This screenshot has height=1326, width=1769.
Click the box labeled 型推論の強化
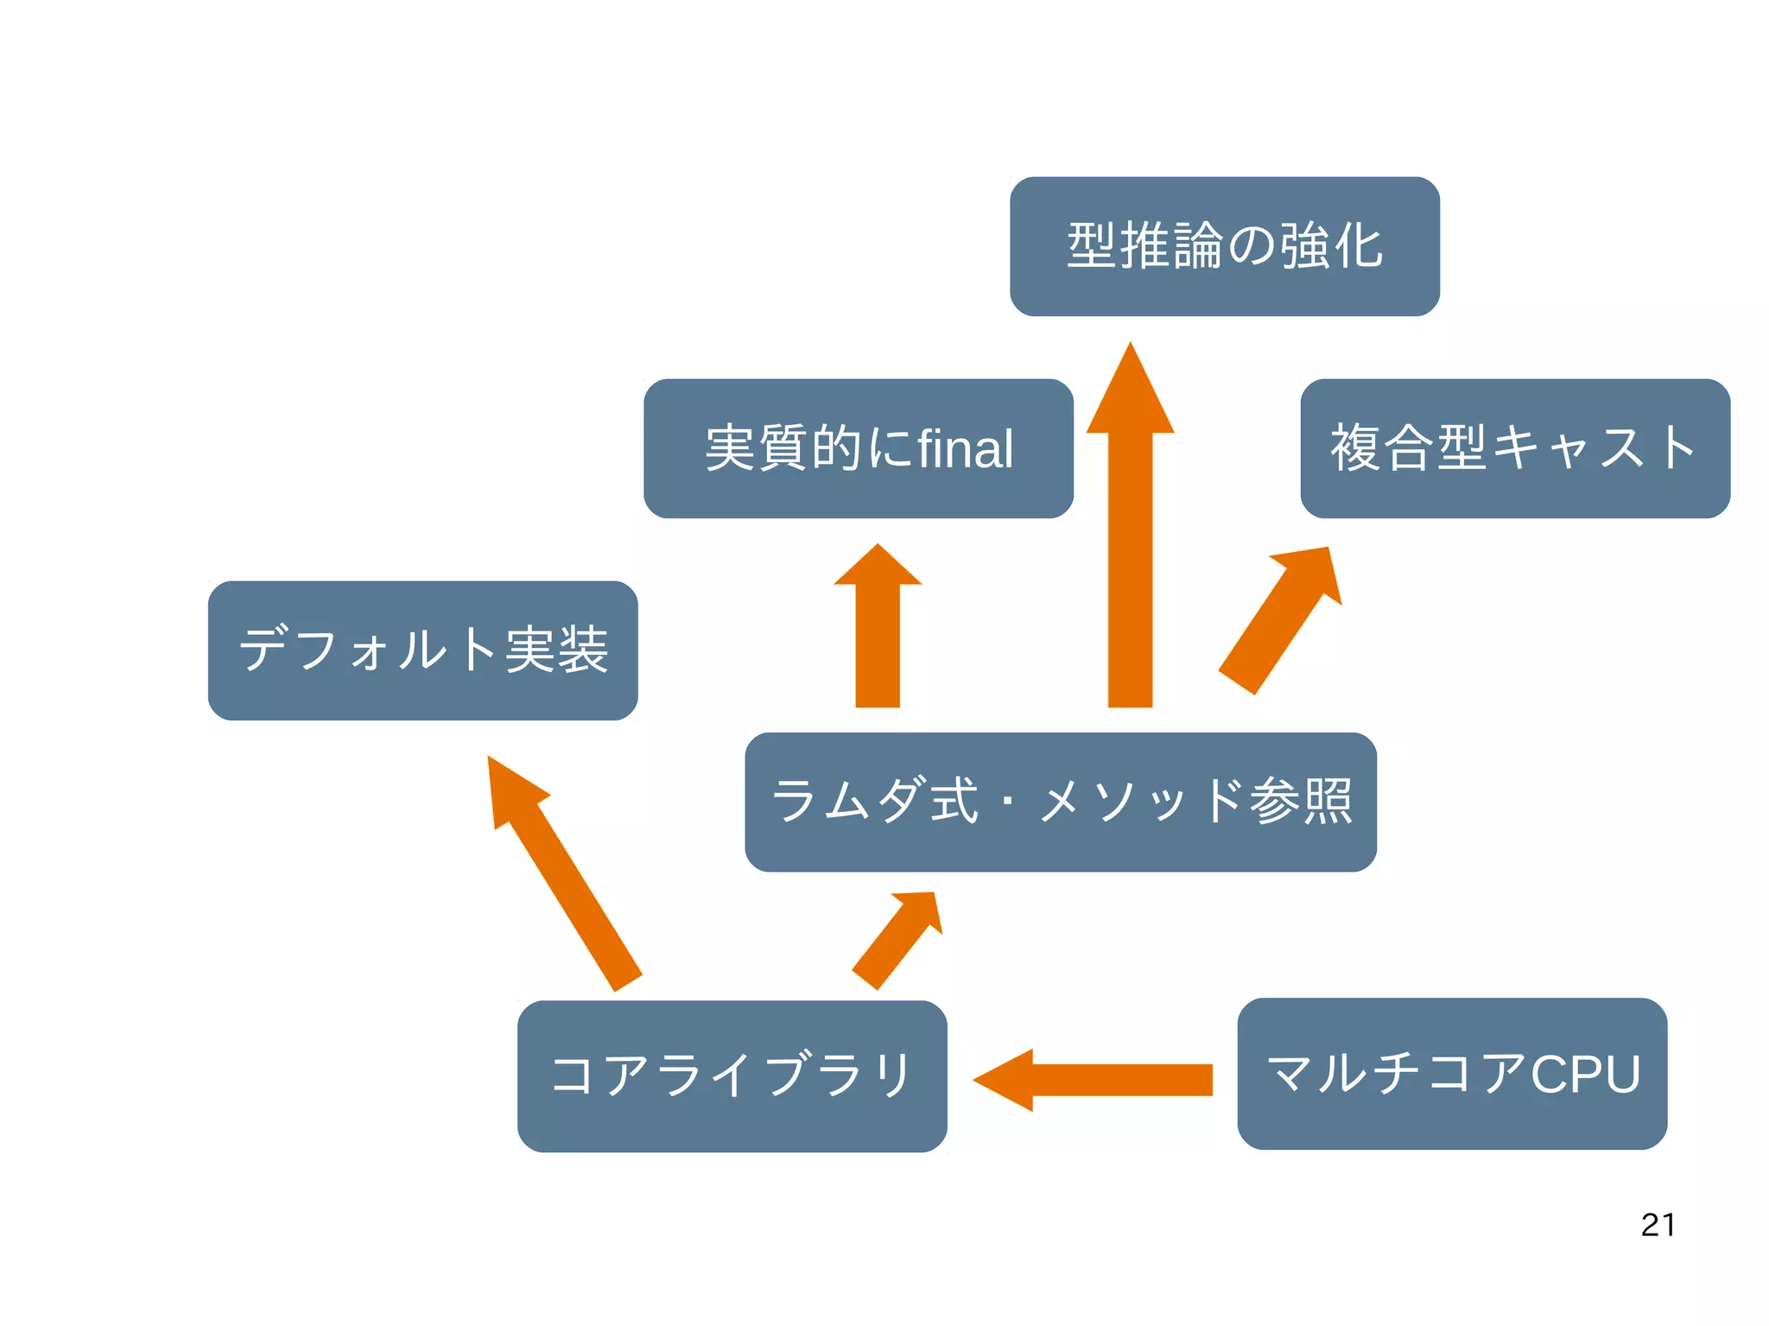tap(1224, 246)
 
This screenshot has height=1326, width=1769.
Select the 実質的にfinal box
tap(859, 448)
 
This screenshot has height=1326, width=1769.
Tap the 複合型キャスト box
tap(1515, 448)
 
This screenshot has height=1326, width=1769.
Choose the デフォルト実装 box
tap(423, 650)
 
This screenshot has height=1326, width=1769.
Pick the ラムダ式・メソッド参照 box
tap(1061, 802)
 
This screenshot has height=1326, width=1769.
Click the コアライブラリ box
tap(732, 1075)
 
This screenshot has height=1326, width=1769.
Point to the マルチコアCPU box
tap(1452, 1074)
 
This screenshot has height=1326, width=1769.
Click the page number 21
tap(1658, 1225)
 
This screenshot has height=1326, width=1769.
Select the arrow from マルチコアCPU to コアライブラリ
tap(1097, 1080)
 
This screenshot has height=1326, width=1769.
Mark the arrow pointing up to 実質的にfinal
tap(878, 631)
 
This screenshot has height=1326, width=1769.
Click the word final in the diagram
tap(966, 449)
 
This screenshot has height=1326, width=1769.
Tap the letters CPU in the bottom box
tap(1586, 1075)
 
